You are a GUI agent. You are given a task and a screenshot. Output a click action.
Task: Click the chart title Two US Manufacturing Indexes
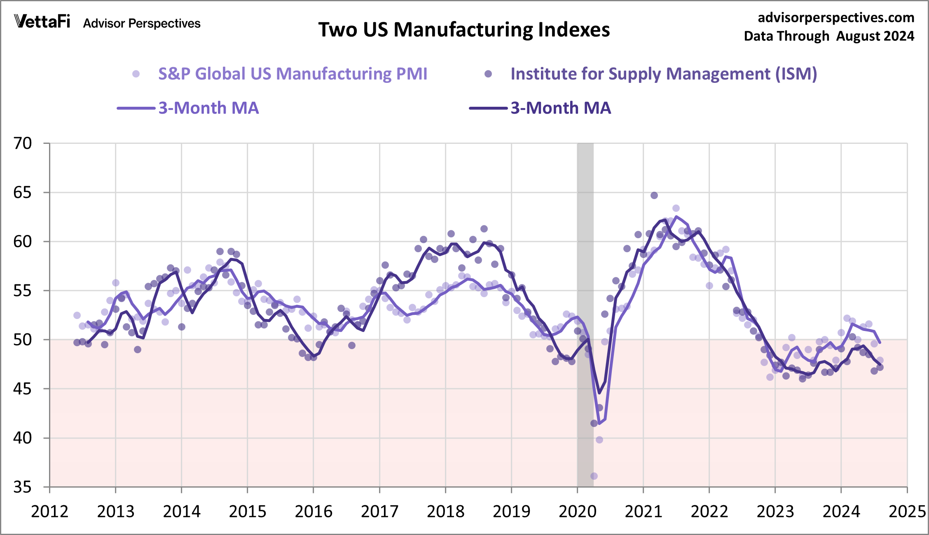464,30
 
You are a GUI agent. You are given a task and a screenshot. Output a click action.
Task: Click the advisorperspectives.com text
836,18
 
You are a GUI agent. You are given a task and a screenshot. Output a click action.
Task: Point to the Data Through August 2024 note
829,36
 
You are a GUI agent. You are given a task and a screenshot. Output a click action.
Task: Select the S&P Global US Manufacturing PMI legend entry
293,74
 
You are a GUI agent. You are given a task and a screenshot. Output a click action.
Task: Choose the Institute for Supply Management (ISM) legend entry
663,74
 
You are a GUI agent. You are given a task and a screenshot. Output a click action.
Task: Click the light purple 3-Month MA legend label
208,108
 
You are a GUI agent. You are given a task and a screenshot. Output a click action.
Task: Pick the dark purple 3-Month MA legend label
561,108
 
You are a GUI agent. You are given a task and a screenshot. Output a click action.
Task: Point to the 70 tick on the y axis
23,143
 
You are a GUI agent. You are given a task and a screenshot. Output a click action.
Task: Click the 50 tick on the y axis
23,340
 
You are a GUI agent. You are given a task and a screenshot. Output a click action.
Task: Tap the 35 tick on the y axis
23,487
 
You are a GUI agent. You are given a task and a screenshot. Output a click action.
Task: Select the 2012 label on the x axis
49,512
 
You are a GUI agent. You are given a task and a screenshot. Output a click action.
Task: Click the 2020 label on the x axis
577,512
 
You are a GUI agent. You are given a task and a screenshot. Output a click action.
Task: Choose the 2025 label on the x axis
907,512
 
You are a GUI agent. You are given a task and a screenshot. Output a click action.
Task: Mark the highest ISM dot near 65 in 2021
654,195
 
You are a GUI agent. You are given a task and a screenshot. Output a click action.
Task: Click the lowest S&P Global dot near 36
594,476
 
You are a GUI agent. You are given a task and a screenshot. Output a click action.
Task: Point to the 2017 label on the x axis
379,512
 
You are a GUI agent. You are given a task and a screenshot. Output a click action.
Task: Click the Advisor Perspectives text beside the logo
142,23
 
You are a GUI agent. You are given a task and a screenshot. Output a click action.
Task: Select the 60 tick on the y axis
23,242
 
